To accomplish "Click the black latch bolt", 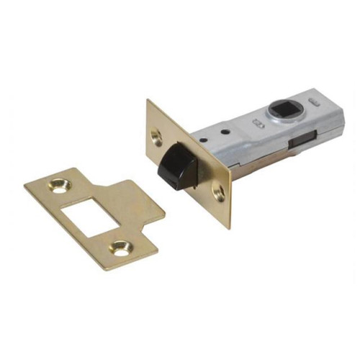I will (x=175, y=166).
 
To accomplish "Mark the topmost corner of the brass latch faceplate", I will (x=148, y=100).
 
